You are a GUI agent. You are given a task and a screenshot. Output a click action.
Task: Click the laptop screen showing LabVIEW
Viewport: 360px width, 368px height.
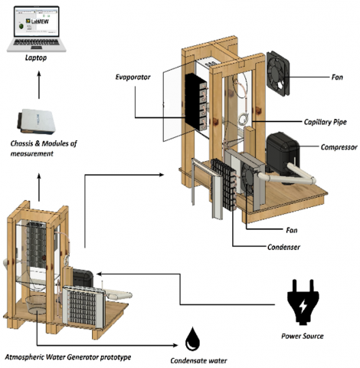click(37, 21)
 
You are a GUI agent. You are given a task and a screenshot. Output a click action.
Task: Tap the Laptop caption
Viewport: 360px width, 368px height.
click(36, 58)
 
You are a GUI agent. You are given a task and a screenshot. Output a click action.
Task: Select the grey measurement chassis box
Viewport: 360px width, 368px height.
click(37, 121)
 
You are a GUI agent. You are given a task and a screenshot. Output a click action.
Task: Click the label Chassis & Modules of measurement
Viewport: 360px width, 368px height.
click(44, 148)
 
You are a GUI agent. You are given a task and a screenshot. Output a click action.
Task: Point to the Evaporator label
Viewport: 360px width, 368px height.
click(133, 77)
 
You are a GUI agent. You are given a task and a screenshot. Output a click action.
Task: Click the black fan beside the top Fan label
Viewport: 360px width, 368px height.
click(278, 74)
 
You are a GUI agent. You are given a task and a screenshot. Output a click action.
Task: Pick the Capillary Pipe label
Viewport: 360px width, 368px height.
click(326, 122)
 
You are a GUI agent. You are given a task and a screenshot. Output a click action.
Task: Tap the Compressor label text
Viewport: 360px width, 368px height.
click(339, 147)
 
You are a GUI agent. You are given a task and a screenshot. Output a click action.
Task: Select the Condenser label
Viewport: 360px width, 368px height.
click(283, 247)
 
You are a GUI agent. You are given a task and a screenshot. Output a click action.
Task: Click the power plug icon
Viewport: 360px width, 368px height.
click(303, 302)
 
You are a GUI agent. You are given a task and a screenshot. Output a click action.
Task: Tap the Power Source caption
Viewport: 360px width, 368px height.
click(303, 336)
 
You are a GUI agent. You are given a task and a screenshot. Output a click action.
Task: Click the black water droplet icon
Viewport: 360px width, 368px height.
click(192, 339)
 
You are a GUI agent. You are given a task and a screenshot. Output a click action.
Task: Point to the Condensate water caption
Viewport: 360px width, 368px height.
click(198, 360)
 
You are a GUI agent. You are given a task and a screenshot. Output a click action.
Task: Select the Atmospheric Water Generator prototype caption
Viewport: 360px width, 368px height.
click(68, 357)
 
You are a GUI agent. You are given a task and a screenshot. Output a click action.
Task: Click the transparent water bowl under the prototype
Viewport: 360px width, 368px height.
click(36, 305)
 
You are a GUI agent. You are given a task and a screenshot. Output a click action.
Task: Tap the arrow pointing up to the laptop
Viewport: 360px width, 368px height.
click(39, 85)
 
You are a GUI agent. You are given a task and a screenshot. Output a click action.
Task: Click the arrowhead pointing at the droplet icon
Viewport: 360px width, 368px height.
click(175, 346)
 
